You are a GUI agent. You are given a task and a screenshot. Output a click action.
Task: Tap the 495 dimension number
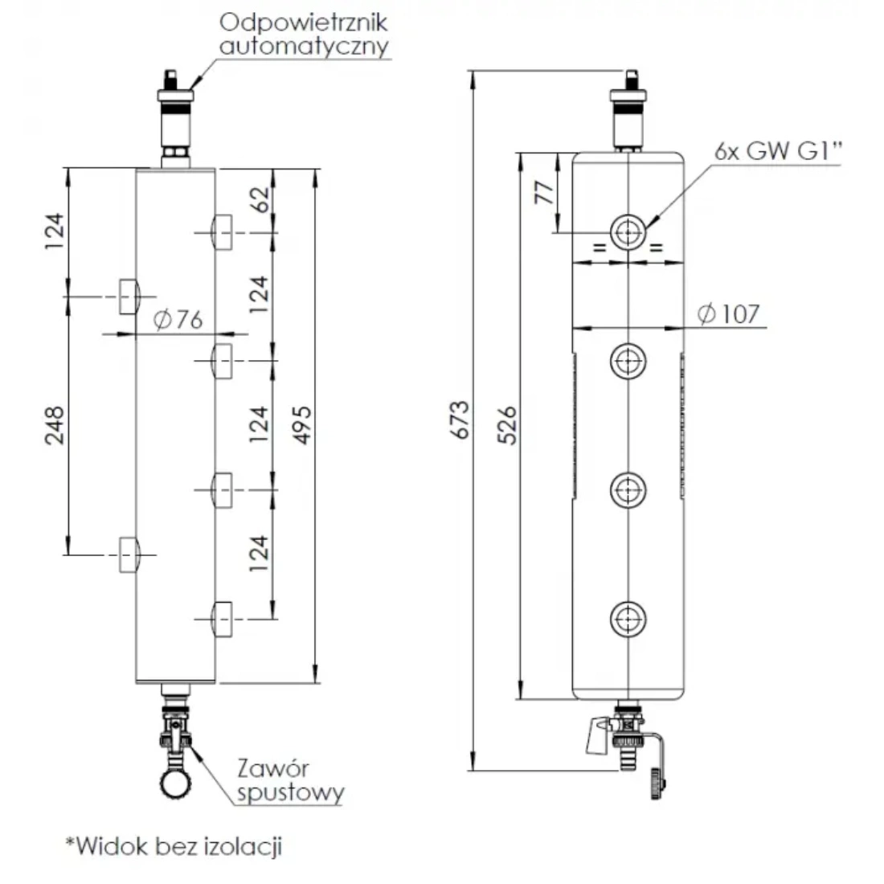pyautogui.click(x=303, y=424)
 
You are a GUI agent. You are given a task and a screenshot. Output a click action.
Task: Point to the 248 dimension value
pyautogui.click(x=54, y=424)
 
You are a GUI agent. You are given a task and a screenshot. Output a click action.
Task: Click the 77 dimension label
pyautogui.click(x=543, y=192)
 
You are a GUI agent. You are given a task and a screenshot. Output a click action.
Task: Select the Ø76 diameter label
pyautogui.click(x=176, y=319)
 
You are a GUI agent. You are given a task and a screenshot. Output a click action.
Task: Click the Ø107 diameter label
pyautogui.click(x=727, y=313)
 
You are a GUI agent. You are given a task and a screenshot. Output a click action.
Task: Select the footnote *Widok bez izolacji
pyautogui.click(x=174, y=846)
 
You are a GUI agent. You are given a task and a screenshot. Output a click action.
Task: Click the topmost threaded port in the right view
pyautogui.click(x=627, y=232)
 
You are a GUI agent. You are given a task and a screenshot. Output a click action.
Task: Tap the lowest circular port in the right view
pyautogui.click(x=627, y=619)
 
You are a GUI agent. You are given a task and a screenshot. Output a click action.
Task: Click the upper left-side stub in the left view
pyautogui.click(x=129, y=296)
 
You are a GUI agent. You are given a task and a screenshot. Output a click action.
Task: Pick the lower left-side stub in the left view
pyautogui.click(x=129, y=555)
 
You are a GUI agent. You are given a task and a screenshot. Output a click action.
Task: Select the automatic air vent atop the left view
pyautogui.click(x=175, y=113)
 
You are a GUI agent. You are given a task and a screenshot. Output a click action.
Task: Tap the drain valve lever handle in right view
pyautogui.click(x=595, y=736)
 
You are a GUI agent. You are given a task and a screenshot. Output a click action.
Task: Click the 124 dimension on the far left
pyautogui.click(x=54, y=231)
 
